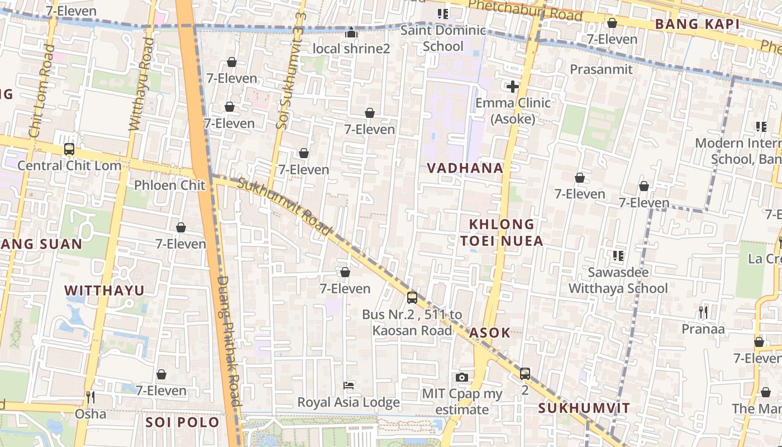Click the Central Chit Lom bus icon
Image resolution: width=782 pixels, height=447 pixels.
point(69,149)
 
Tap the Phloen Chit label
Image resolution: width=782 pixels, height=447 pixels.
point(170,185)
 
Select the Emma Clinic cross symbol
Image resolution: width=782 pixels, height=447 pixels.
point(512,87)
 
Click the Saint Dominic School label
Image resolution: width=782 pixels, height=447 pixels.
point(443,38)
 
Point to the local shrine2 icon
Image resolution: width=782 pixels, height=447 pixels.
point(351,33)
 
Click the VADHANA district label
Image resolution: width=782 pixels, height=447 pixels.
point(465,168)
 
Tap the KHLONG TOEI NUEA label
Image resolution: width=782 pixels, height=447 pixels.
point(501,232)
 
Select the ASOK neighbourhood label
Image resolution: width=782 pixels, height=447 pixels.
point(490,333)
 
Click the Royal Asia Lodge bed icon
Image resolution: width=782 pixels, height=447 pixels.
point(349,386)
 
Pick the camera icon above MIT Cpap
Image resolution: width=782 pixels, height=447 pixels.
point(461,377)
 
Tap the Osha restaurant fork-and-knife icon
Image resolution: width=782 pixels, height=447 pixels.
point(90,397)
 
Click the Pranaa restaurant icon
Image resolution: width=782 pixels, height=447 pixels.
point(703,312)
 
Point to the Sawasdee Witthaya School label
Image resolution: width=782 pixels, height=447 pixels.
point(618,280)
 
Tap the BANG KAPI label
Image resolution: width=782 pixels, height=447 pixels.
point(697,24)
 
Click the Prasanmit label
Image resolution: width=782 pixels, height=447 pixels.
point(601,69)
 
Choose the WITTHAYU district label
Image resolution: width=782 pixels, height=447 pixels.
point(104,291)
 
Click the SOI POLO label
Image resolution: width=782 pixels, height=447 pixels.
point(182,422)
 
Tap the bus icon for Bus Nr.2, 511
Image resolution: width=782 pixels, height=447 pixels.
point(412,298)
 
